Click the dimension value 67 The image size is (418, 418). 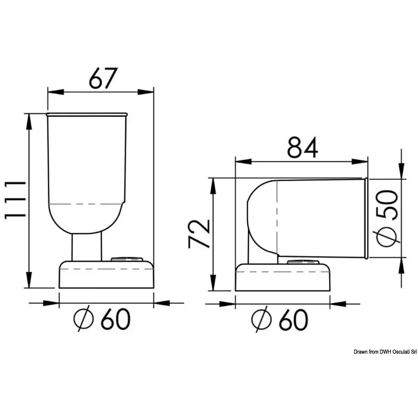coord(103,78)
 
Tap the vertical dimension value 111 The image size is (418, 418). coord(15,200)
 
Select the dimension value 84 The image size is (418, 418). coord(303,147)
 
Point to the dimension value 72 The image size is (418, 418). coord(199,234)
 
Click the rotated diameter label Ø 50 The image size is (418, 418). coord(388,218)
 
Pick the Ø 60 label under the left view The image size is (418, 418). coord(102,319)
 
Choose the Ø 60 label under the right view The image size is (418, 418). coord(280,319)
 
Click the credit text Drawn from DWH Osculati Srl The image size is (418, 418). coord(385,352)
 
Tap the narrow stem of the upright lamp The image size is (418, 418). coord(87,247)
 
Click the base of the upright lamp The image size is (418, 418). coord(107,274)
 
